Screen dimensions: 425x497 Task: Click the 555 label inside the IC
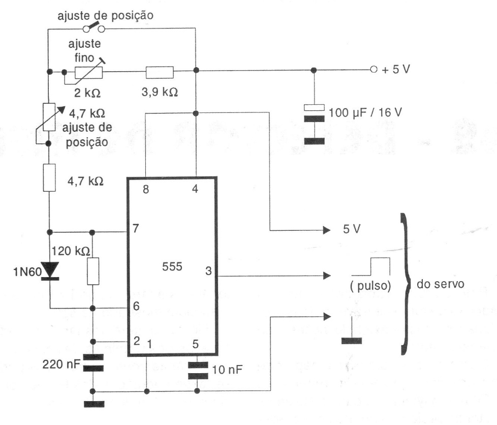(172, 267)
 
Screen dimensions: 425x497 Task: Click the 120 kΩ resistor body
(92, 270)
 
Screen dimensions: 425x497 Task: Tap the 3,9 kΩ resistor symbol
(159, 72)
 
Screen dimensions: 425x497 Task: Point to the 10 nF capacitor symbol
(196, 369)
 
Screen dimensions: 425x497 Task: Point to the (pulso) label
(370, 286)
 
